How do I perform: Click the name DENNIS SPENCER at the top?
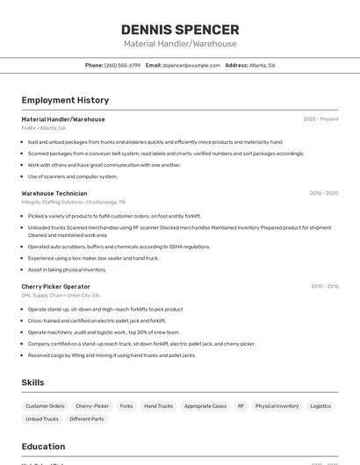(180, 29)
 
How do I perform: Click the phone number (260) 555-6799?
(122, 65)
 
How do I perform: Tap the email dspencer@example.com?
(191, 65)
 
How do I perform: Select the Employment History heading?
(65, 100)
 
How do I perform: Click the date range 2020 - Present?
(320, 119)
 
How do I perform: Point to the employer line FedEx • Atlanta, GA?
(44, 128)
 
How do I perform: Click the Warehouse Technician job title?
(54, 193)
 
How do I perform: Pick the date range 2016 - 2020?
(324, 193)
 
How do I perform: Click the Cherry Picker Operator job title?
(55, 286)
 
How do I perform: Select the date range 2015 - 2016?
(324, 286)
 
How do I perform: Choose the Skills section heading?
(32, 383)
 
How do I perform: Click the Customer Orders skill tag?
(45, 406)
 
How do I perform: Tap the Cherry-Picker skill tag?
(92, 406)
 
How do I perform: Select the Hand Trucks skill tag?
(158, 406)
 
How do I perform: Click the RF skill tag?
(241, 406)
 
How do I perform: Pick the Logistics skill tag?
(320, 406)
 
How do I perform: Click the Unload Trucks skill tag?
(42, 419)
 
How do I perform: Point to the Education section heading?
(43, 447)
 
